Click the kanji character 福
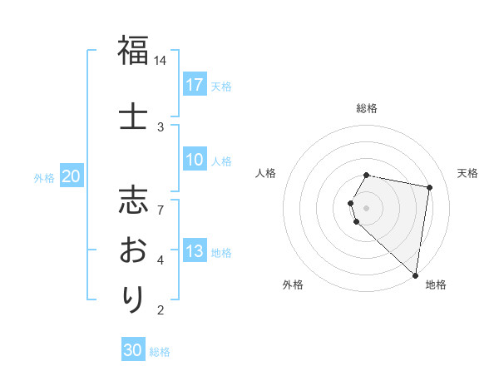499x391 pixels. point(133,52)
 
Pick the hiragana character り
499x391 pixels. point(133,298)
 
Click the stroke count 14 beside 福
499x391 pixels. point(161,61)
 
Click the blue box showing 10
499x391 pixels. point(195,161)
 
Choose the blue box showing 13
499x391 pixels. point(195,252)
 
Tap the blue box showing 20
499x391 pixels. point(72,176)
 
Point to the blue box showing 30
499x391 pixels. point(133,350)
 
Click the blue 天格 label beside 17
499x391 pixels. point(221,86)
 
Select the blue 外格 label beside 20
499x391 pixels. point(44,177)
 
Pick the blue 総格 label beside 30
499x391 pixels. point(160,352)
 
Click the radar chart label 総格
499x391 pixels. point(367,108)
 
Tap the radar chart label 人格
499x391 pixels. point(265,173)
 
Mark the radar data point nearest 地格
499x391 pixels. point(415,275)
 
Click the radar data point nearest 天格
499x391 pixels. point(429,187)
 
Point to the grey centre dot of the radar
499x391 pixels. point(367,207)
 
